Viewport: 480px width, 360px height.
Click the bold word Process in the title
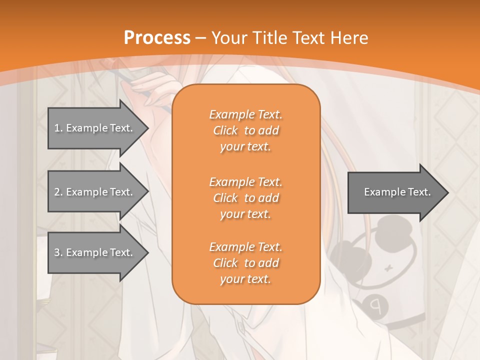157,38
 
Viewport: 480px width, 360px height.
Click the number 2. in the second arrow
58,192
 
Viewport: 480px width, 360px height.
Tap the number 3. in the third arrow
58,252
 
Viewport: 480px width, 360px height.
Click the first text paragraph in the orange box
245,130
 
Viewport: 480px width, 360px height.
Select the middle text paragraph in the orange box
245,197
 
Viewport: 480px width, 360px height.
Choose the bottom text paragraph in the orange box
245,263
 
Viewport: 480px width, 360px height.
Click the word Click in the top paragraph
225,130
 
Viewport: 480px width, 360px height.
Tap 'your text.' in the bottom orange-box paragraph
245,279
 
